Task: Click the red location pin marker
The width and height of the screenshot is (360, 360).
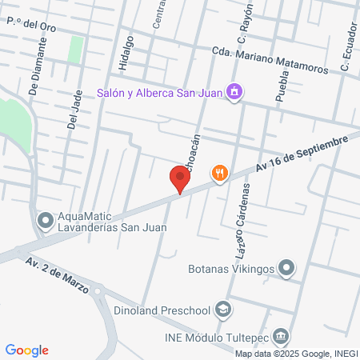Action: pyautogui.click(x=180, y=179)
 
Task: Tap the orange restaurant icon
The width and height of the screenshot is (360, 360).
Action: pyautogui.click(x=220, y=172)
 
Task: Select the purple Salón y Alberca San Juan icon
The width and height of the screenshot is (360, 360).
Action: pyautogui.click(x=234, y=92)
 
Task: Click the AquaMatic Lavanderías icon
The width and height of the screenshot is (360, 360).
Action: pyautogui.click(x=45, y=218)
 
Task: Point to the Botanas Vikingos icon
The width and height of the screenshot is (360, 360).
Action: pyautogui.click(x=288, y=268)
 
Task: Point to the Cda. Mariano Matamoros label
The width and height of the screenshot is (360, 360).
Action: pyautogui.click(x=270, y=61)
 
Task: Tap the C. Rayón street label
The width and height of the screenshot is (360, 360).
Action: pyautogui.click(x=244, y=23)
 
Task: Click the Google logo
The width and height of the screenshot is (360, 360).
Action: pyautogui.click(x=26, y=350)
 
